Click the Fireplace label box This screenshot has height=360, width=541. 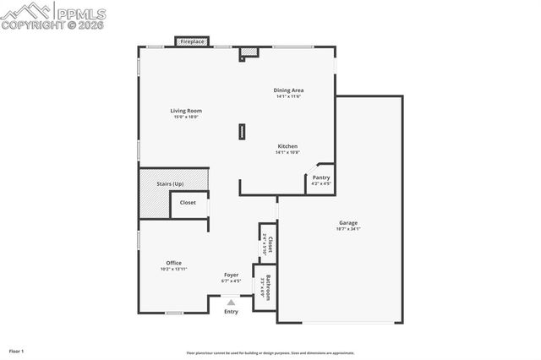pyautogui.click(x=193, y=41)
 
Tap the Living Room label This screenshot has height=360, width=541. pyautogui.click(x=186, y=111)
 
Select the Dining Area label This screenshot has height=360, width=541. pyautogui.click(x=288, y=90)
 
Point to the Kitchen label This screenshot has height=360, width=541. pyautogui.click(x=288, y=146)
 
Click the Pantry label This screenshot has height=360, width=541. pyautogui.click(x=321, y=177)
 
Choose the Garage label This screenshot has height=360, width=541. pyautogui.click(x=348, y=223)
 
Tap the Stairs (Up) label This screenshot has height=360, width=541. pyautogui.click(x=172, y=183)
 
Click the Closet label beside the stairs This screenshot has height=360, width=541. pyautogui.click(x=188, y=203)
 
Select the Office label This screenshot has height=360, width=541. pyautogui.click(x=173, y=263)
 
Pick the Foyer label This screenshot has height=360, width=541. pyautogui.click(x=231, y=275)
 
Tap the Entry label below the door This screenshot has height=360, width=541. pyautogui.click(x=231, y=312)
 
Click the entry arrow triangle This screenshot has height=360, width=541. pyautogui.click(x=231, y=301)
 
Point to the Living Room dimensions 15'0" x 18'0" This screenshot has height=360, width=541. pyautogui.click(x=186, y=117)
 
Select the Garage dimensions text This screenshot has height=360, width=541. pyautogui.click(x=348, y=229)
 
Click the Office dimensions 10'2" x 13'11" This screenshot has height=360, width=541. pyautogui.click(x=173, y=269)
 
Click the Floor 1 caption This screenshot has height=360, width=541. pyautogui.click(x=17, y=350)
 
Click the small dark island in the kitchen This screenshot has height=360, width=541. pyautogui.click(x=242, y=131)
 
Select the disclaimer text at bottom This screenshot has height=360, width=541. pyautogui.click(x=270, y=353)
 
